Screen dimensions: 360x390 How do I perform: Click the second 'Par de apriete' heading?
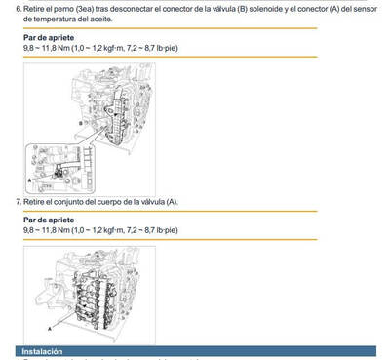pyautogui.click(x=45, y=220)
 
